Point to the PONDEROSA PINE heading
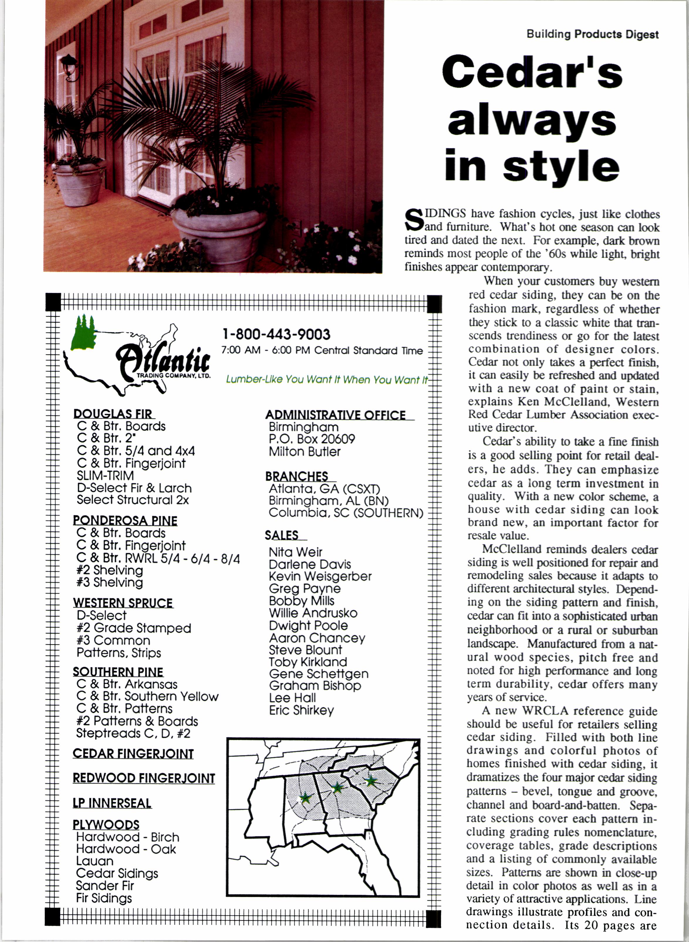pos(125,520)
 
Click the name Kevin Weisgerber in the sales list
pos(320,576)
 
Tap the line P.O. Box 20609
pos(312,439)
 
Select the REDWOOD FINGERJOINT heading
pos(143,778)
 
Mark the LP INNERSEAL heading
pos(112,803)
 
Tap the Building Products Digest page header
pos(592,34)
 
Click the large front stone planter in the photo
pos(219,236)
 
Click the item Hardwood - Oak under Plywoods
pos(126,849)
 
